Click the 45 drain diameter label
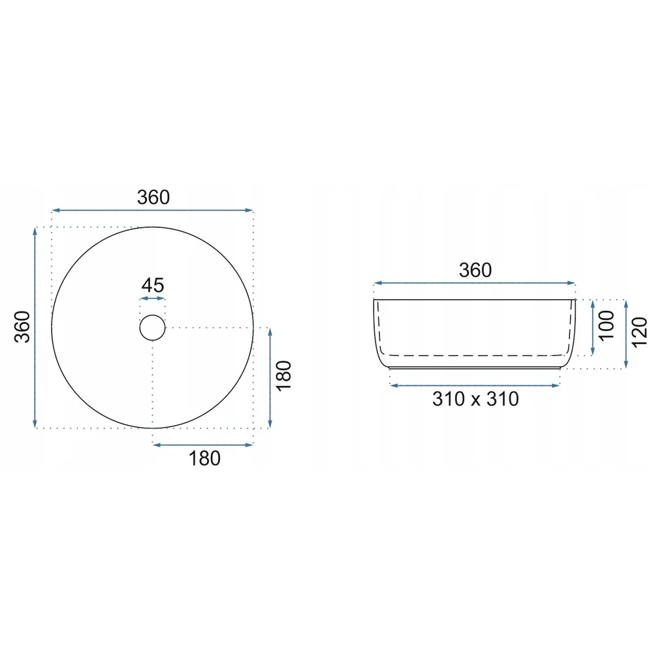tap(153, 285)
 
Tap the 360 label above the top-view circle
tap(153, 197)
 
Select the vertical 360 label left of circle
tap(22, 327)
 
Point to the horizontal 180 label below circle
tap(204, 458)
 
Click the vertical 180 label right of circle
tap(284, 375)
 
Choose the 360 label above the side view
tap(475, 270)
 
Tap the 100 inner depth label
tap(607, 326)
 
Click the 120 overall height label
tap(640, 332)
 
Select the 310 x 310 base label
tap(475, 399)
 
